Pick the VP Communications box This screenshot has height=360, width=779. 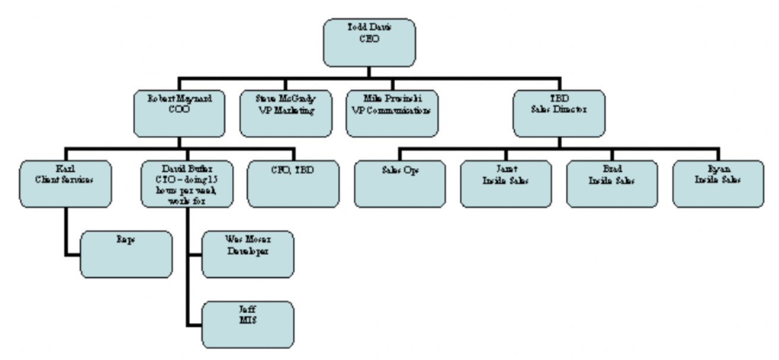click(x=392, y=113)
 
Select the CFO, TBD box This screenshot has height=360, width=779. click(x=293, y=183)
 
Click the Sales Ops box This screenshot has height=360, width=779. click(x=399, y=183)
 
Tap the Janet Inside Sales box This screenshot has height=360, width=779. click(x=505, y=183)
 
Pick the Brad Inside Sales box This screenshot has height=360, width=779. click(x=612, y=183)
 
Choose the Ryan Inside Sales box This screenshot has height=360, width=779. click(x=717, y=183)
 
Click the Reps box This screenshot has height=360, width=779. click(x=126, y=254)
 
